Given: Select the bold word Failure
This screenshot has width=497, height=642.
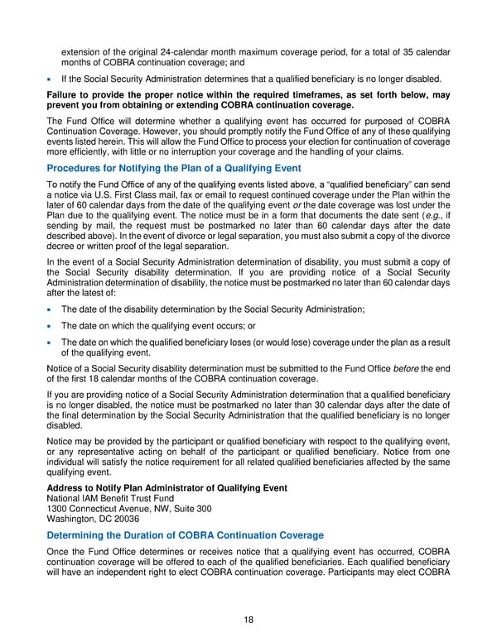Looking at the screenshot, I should (66, 96).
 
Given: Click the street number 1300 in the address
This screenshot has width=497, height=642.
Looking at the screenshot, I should (59, 508).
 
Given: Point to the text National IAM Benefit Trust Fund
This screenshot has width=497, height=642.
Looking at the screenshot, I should (111, 498).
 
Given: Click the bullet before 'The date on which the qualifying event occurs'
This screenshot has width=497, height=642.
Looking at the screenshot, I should (51, 326).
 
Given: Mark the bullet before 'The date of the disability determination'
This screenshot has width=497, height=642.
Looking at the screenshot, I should (51, 309).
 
